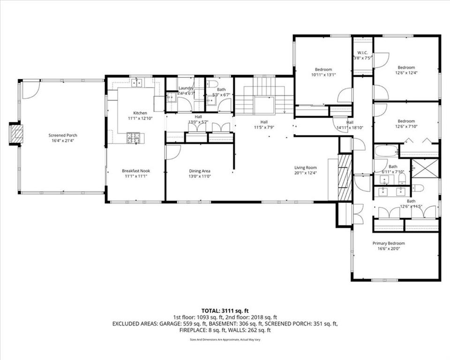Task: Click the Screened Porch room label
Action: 63,135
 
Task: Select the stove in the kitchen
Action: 133,137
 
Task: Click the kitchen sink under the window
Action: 136,82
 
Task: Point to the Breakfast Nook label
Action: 136,171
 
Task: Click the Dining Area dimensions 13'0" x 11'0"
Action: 200,176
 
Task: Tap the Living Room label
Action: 305,168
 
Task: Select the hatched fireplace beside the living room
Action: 345,177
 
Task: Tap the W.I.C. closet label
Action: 362,52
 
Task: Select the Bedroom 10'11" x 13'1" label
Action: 323,69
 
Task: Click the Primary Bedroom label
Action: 389,243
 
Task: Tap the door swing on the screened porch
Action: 30,90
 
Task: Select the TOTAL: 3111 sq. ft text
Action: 225,310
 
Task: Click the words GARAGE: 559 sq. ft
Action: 185,323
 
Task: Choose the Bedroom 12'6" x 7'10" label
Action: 406,121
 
